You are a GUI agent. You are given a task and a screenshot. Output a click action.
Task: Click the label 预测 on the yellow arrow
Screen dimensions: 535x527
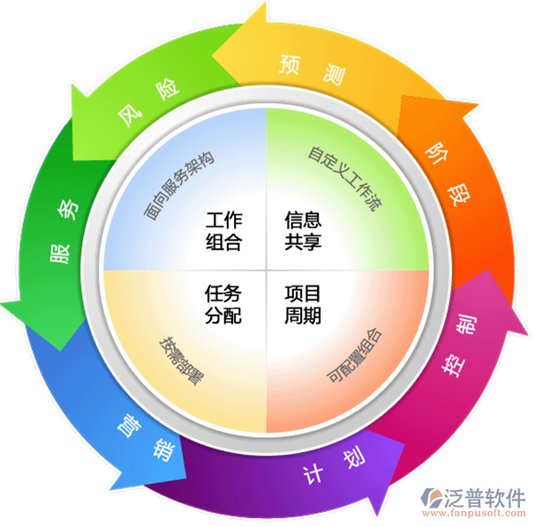312,70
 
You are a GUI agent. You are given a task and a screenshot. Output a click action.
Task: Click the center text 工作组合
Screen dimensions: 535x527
224,231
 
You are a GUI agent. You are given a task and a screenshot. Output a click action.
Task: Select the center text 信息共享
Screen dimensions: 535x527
303,230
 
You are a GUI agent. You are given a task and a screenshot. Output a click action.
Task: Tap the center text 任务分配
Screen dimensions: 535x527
223,304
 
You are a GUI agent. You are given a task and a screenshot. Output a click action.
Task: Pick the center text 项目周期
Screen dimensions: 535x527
303,304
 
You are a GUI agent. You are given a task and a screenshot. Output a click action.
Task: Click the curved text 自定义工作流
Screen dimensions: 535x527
345,179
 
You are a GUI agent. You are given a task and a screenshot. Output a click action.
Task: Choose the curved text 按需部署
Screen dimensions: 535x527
182,361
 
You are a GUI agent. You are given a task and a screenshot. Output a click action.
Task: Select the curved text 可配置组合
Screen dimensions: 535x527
354,355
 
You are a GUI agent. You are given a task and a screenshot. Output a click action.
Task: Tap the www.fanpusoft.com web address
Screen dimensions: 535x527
473,513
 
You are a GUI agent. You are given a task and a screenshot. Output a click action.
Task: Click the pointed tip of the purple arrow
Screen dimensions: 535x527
377,516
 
